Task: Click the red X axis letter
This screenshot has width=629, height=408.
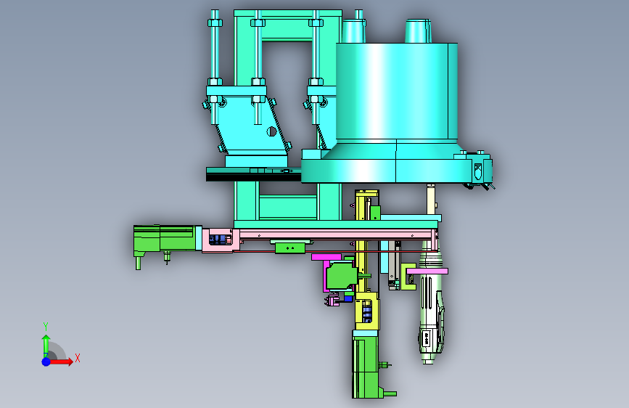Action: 78,358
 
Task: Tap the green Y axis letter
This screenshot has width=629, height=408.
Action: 46,327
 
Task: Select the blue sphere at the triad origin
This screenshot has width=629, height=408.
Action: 46,362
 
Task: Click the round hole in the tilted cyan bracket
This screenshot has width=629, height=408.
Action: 271,131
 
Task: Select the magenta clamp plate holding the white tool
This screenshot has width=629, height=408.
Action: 427,272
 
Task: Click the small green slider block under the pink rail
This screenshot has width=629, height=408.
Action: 290,248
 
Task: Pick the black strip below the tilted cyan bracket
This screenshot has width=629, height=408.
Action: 253,177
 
